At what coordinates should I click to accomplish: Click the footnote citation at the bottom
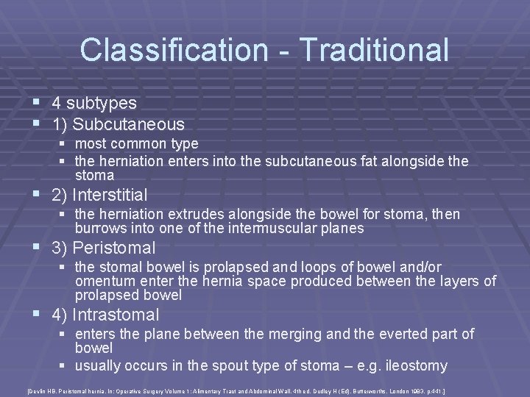[x=264, y=387]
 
